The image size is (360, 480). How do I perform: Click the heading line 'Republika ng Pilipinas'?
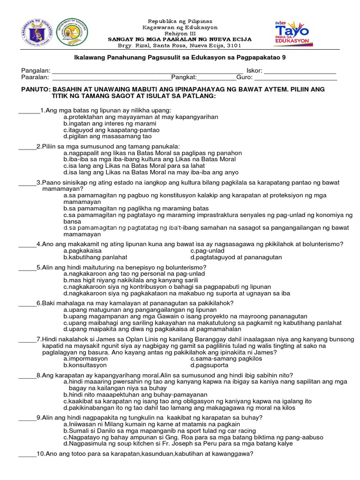pyautogui.click(x=180, y=22)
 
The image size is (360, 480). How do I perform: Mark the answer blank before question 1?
pyautogui.click(x=29, y=111)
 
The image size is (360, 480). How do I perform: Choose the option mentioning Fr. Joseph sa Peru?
pyautogui.click(x=178, y=443)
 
